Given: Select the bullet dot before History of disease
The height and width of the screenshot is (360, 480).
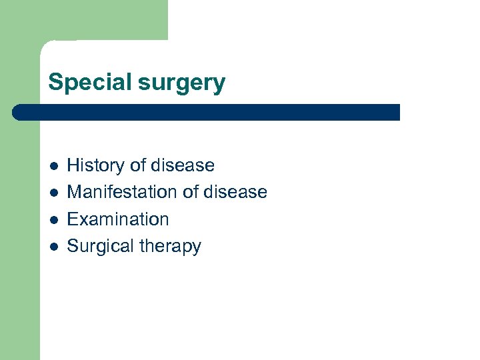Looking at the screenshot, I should pyautogui.click(x=53, y=165).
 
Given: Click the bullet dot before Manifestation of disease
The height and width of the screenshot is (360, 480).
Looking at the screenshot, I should pyautogui.click(x=53, y=193).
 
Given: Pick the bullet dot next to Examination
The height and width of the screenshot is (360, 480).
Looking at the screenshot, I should pyautogui.click(x=53, y=219).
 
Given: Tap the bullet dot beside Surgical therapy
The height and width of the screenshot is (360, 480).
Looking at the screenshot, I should pyautogui.click(x=53, y=247).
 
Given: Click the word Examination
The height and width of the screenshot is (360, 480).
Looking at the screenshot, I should pyautogui.click(x=118, y=219).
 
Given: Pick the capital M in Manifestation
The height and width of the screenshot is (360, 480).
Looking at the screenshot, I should pyautogui.click(x=75, y=193).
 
